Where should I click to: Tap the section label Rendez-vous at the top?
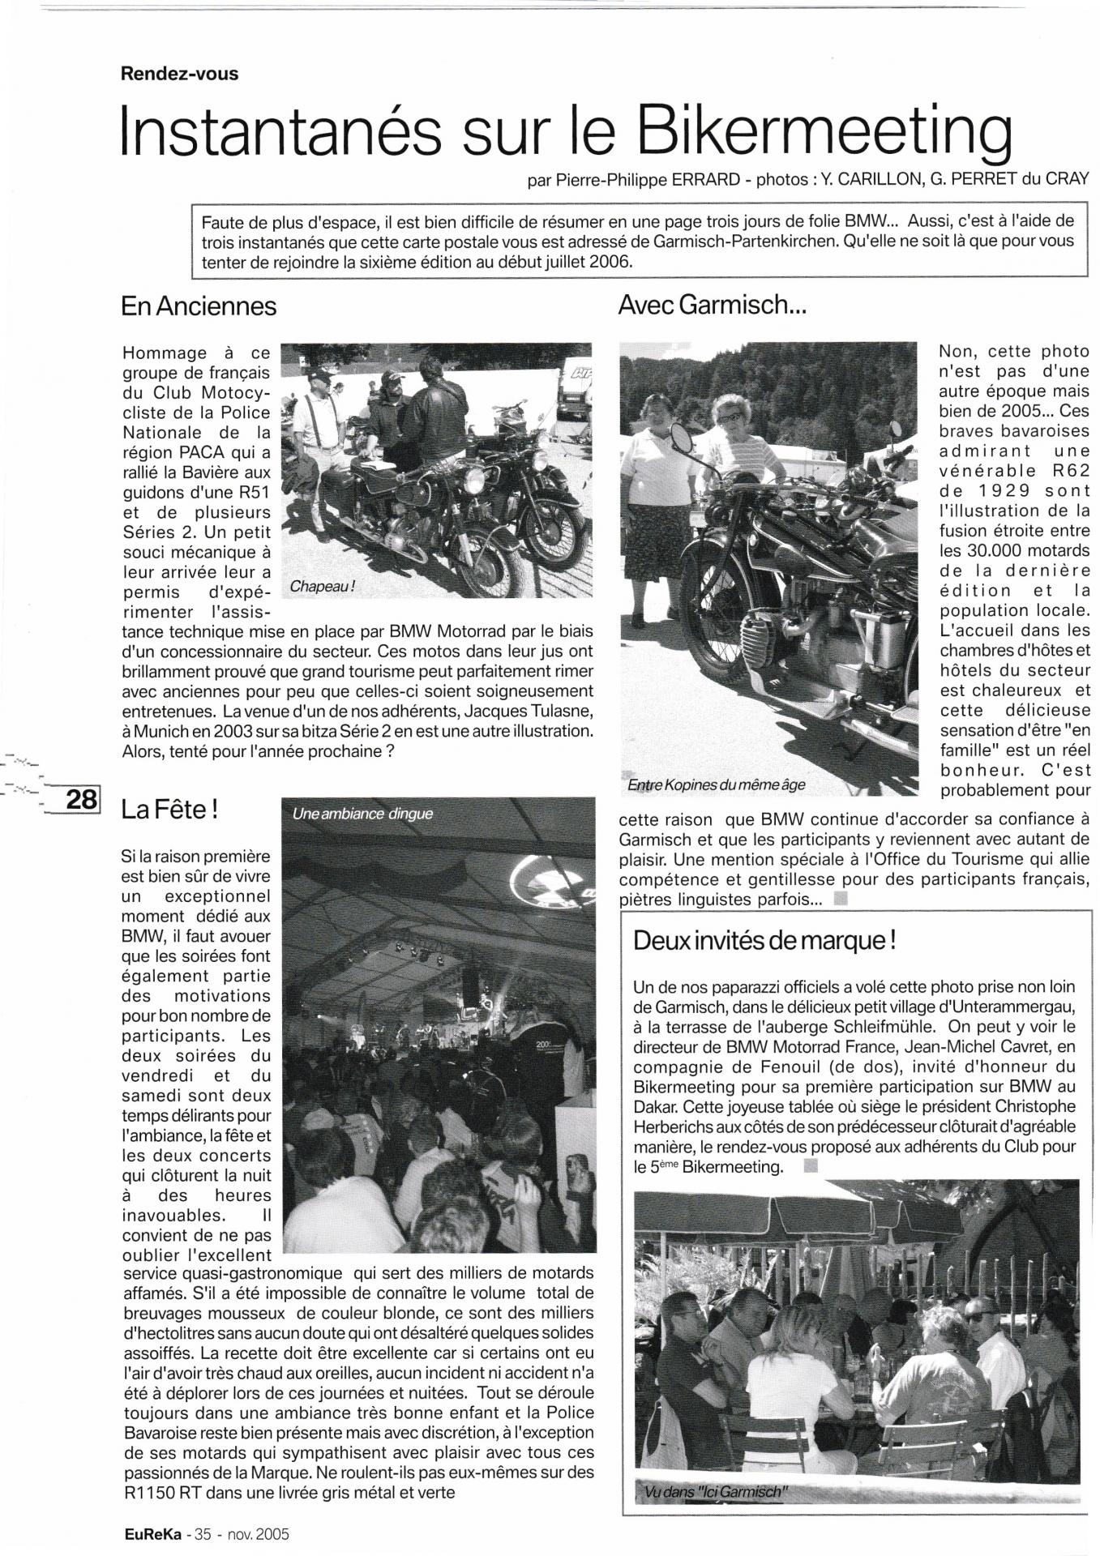179,74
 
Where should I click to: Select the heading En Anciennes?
199,306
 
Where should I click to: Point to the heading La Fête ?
169,809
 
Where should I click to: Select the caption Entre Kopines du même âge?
717,785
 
